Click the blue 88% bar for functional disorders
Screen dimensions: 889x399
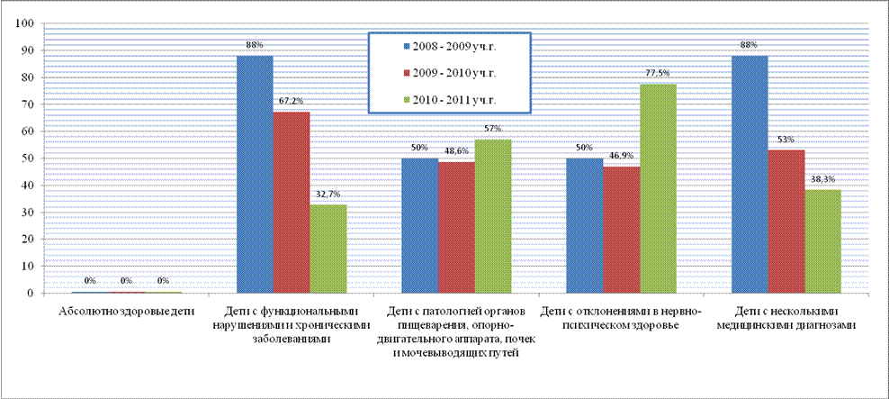pyautogui.click(x=255, y=174)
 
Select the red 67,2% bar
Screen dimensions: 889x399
pyautogui.click(x=292, y=203)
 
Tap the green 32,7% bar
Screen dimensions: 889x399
pyautogui.click(x=328, y=249)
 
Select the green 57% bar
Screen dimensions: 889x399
pyautogui.click(x=493, y=216)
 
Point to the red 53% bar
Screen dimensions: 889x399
pyautogui.click(x=786, y=222)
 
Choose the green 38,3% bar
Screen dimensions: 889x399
pyautogui.click(x=823, y=241)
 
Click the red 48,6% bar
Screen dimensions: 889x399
pyautogui.click(x=456, y=228)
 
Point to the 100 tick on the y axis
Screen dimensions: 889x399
pyautogui.click(x=26, y=23)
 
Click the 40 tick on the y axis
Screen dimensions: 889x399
pyautogui.click(x=29, y=186)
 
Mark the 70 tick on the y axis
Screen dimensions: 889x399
pyautogui.click(x=29, y=104)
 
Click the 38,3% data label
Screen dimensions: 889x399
pyautogui.click(x=823, y=178)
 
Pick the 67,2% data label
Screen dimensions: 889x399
pyautogui.click(x=292, y=101)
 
